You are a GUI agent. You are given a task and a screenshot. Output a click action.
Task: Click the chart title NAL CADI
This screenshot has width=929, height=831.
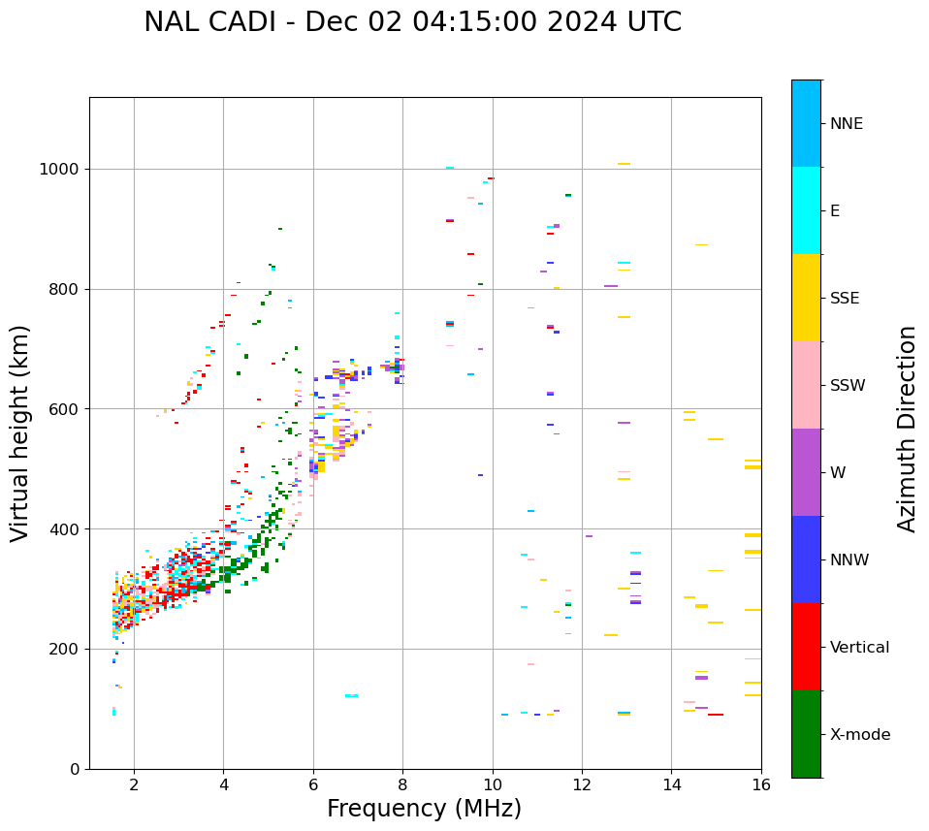[412, 22]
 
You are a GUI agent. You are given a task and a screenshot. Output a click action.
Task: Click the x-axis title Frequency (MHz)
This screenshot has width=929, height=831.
[424, 809]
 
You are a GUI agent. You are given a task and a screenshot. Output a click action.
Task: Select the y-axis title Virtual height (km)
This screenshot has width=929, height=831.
[20, 432]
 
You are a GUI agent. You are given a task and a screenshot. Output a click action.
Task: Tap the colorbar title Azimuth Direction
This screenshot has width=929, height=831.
[907, 429]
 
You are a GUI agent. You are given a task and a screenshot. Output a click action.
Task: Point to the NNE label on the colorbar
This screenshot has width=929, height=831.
[846, 124]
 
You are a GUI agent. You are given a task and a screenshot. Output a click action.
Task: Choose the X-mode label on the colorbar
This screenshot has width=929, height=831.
[859, 735]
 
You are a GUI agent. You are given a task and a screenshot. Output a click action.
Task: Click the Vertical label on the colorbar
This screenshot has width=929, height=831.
[859, 648]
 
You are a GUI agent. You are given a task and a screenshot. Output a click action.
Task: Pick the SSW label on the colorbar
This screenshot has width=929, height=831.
[847, 386]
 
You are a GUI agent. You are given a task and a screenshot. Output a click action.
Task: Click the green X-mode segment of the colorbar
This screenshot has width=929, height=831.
[806, 733]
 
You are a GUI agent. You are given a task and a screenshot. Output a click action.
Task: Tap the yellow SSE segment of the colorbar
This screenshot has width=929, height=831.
[806, 297]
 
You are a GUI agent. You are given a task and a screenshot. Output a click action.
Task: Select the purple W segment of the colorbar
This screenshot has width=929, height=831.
[806, 471]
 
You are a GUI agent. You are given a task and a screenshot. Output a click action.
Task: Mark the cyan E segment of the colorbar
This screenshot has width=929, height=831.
[806, 209]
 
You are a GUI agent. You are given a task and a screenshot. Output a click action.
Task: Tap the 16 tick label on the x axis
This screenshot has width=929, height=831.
[760, 784]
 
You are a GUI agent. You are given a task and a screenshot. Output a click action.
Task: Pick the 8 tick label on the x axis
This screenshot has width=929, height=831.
[402, 784]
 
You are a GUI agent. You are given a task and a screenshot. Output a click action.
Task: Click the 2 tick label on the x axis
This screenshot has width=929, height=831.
[134, 784]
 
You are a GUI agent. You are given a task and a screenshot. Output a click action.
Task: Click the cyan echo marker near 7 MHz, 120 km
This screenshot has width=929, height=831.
[351, 695]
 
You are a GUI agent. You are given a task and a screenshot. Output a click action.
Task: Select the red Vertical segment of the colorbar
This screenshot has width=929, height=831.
[806, 646]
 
